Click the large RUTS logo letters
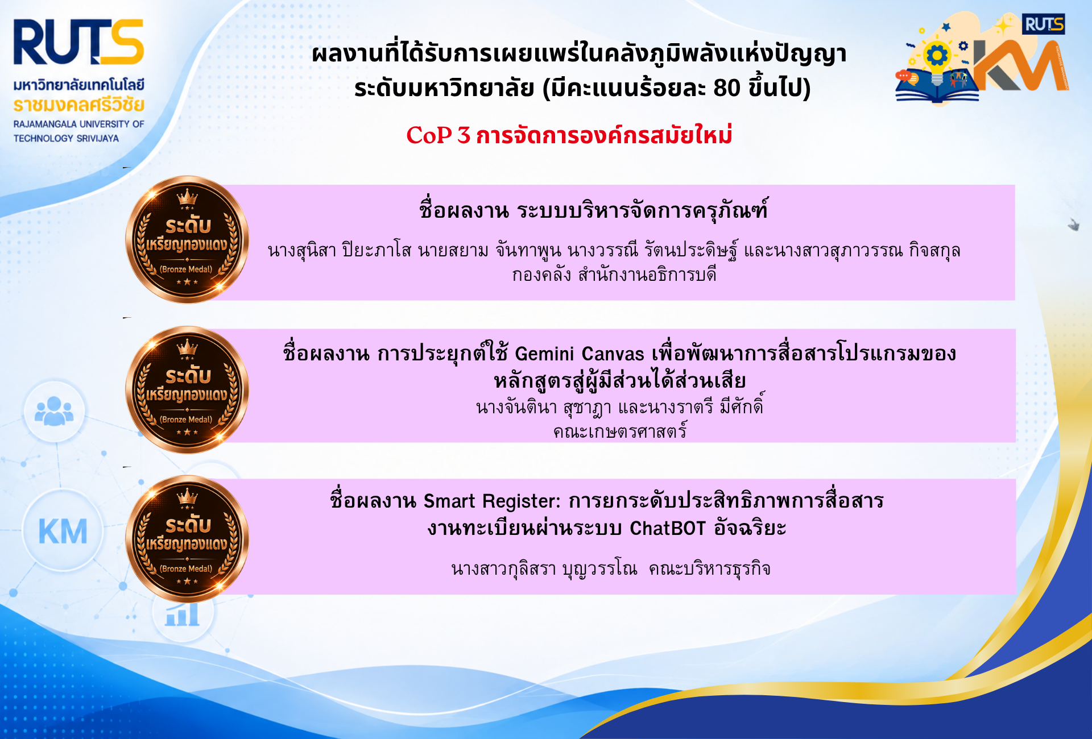78,43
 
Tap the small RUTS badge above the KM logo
1043,24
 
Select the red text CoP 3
438,135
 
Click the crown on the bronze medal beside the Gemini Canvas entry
187,346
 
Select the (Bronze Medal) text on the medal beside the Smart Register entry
186,568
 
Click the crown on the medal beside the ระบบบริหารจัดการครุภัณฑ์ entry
187,197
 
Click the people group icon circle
55,412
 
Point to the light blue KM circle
63,531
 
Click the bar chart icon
183,614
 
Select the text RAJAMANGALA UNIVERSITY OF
79,124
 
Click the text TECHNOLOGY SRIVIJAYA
67,138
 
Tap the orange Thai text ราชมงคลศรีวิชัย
79,105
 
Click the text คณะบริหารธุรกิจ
710,569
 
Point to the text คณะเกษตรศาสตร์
621,431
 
